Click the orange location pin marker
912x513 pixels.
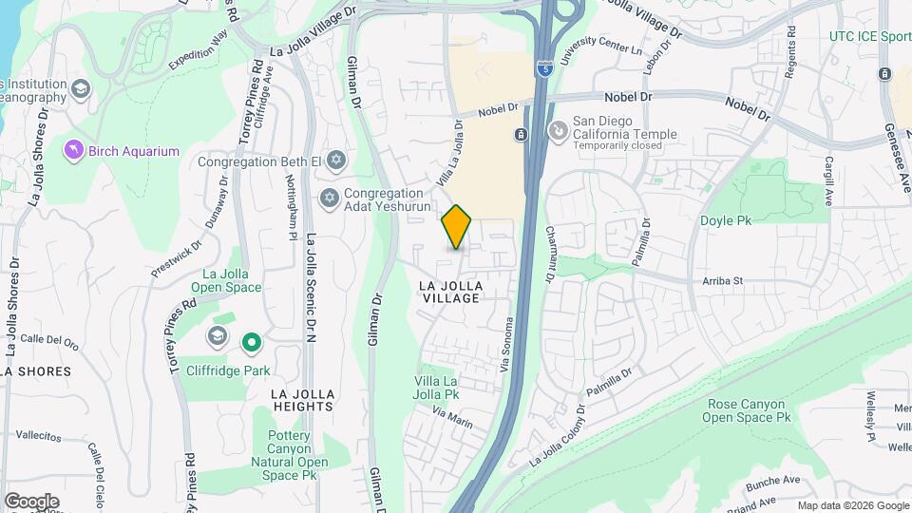457,226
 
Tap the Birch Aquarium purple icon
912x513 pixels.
73,150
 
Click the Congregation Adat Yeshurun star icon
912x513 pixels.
330,199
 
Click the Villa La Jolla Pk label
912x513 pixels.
438,387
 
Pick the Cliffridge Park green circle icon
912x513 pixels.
251,340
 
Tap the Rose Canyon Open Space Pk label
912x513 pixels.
749,410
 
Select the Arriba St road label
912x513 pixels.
722,281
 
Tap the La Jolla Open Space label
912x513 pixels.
226,280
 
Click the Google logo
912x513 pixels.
31,501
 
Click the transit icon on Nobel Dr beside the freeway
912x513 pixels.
521,135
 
